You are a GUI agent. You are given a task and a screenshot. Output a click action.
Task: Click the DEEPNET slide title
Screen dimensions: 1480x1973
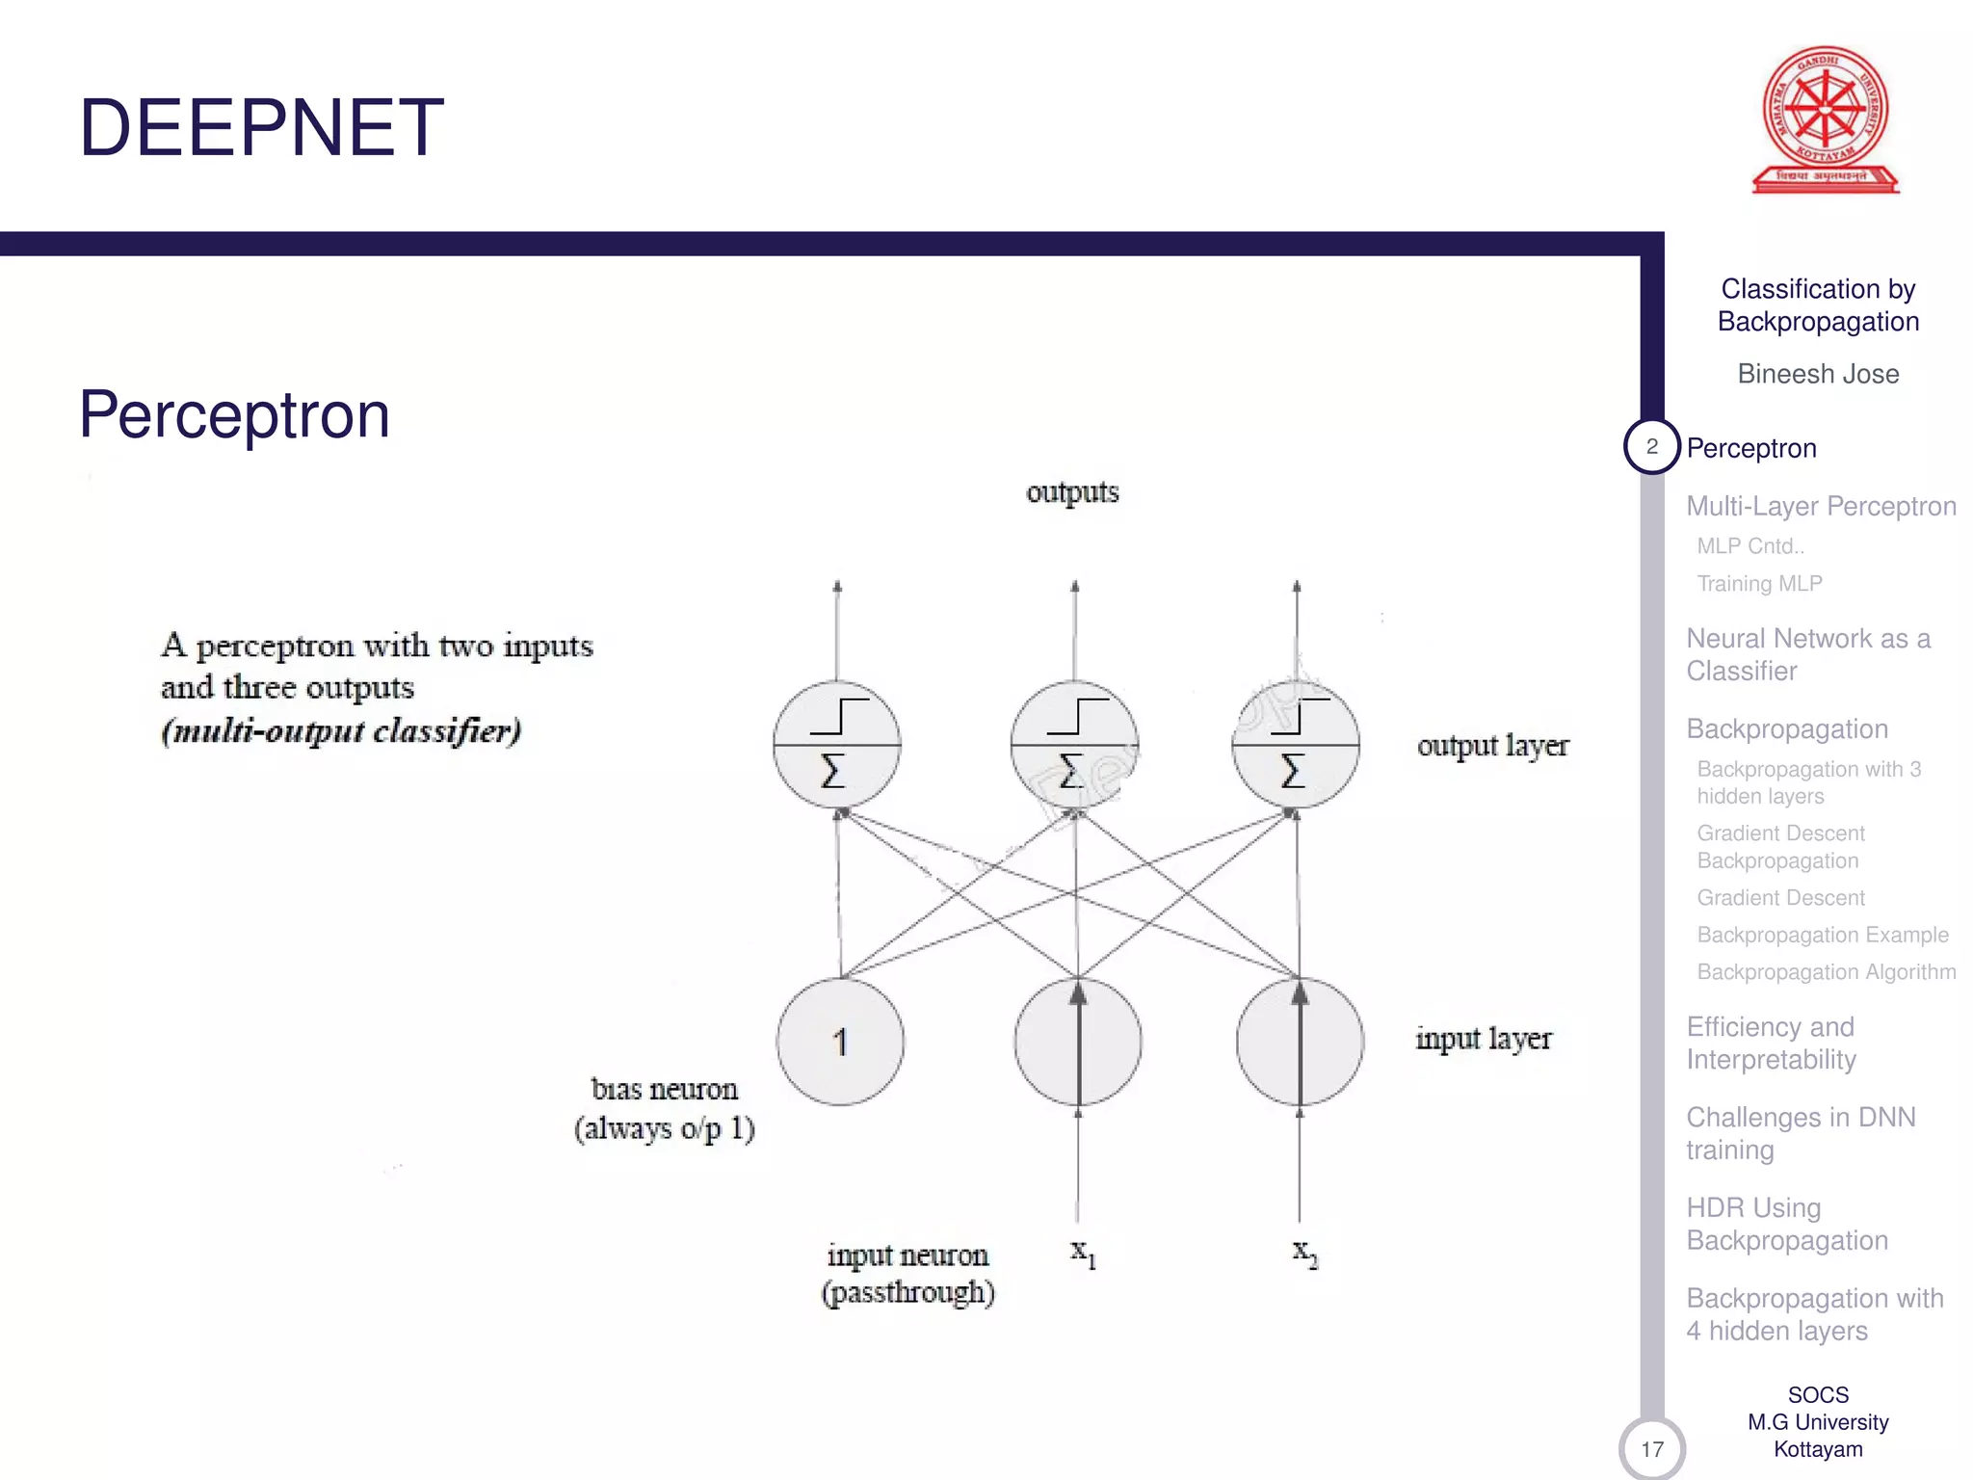261,128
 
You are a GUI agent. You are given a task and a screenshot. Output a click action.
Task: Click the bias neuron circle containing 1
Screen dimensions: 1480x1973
840,1042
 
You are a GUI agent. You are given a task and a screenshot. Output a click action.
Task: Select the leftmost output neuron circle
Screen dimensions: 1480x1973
836,745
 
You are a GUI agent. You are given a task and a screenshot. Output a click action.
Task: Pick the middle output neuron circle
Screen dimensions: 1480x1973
1074,745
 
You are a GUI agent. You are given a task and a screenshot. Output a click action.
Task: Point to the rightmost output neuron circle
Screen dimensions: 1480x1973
1296,745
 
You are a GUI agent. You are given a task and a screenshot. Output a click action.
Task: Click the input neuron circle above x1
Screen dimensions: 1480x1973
1078,1042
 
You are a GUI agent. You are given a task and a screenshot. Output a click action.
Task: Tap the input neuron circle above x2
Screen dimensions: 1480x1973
1300,1042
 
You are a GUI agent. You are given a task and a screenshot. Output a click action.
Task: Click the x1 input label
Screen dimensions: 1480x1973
1083,1253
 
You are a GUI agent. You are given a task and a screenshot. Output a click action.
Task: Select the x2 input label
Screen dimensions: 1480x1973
1304,1253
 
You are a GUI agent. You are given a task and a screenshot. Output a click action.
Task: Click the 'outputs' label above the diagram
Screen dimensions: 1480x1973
1072,492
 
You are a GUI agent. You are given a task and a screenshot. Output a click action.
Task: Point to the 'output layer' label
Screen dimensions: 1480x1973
1492,746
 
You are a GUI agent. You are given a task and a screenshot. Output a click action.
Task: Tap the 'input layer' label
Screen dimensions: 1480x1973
1484,1039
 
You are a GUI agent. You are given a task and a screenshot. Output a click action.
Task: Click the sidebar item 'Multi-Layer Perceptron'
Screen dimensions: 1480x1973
1821,506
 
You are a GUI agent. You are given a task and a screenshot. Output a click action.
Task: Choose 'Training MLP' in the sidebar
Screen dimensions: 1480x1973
1759,584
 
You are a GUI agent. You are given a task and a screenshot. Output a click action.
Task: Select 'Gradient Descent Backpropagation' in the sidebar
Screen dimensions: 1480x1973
1780,847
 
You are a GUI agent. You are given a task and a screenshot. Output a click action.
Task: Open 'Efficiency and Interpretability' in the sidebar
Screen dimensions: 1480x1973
1771,1044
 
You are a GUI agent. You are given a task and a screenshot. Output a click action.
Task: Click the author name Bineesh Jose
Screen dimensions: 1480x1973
1818,374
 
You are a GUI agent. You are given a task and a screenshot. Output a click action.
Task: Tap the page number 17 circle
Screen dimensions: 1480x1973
1652,1449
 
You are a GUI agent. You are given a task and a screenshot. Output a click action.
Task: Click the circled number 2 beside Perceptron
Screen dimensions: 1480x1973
1652,447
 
